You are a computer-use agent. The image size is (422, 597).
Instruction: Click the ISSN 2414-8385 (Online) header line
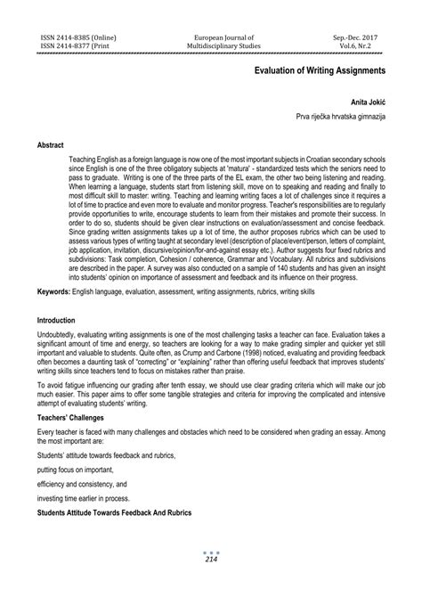click(x=78, y=37)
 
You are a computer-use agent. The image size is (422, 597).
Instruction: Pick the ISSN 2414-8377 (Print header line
click(x=76, y=46)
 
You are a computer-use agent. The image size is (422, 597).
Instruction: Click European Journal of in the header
click(x=211, y=37)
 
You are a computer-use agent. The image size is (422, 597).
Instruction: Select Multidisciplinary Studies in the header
click(x=211, y=46)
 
